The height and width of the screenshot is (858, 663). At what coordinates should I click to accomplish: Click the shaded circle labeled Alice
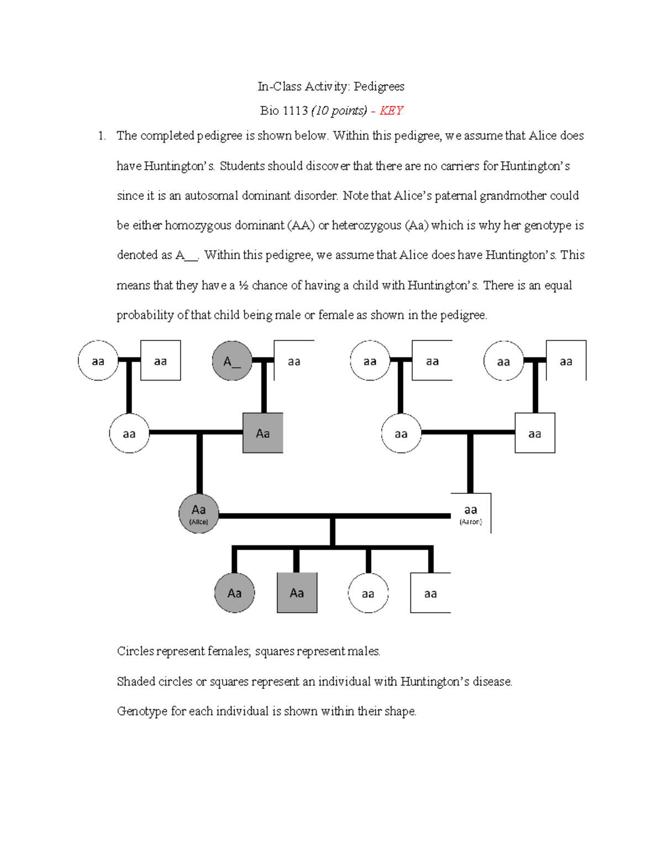199,513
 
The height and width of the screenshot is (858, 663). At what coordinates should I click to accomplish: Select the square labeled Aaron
471,513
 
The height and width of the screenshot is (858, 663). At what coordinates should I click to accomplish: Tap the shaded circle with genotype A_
232,361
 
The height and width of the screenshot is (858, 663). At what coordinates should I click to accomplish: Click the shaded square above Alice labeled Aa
263,433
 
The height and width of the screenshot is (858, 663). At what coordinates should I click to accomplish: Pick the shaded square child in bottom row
297,593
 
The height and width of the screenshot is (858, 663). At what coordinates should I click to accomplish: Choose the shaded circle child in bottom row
234,593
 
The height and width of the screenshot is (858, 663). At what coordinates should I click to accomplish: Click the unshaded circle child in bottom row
368,593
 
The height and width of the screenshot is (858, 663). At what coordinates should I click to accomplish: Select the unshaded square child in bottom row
430,593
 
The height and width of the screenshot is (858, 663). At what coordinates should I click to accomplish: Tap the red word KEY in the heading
391,110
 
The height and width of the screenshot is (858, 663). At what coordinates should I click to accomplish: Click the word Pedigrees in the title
379,86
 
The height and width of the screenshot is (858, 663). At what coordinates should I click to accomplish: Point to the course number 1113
295,110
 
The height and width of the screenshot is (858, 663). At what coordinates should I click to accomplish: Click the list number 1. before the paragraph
102,136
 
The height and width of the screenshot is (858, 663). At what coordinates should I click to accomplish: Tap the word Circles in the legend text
135,651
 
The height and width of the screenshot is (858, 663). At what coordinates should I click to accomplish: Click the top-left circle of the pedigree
98,361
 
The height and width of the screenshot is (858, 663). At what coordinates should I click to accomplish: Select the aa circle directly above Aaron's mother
370,361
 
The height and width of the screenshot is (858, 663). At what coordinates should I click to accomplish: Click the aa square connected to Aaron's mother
535,433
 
